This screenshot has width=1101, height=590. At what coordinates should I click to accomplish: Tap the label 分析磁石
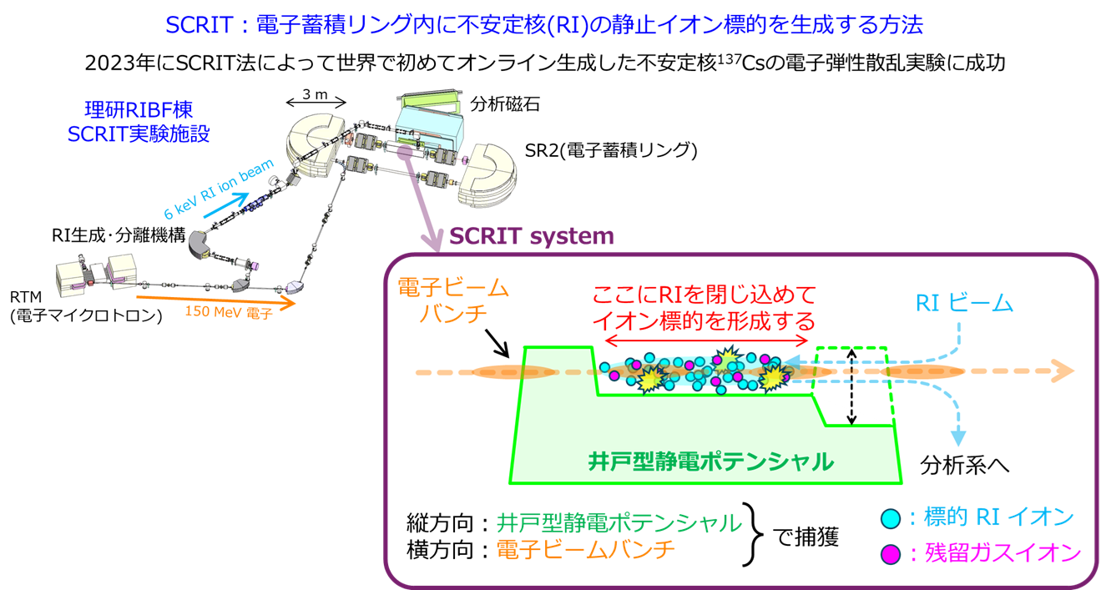coord(504,104)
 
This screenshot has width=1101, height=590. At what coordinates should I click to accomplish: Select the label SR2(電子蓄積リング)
coord(610,150)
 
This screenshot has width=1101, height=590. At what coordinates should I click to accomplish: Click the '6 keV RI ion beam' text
coord(210,191)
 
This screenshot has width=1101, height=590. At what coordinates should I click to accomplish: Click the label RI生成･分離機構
coord(117,235)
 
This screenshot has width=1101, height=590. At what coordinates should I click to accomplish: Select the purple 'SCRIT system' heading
coord(531,236)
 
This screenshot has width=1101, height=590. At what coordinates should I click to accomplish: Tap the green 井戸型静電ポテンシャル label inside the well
coord(710,460)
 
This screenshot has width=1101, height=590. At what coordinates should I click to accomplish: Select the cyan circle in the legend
coord(891,518)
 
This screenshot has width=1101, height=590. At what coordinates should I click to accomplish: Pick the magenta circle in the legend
coord(891,552)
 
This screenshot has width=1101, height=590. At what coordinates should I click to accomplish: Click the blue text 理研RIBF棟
coord(139,109)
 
